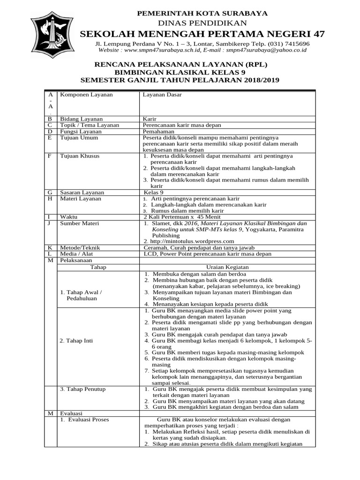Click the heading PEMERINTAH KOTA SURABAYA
click(202, 14)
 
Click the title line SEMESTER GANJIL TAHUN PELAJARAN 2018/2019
click(180, 80)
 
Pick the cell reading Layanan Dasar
click(162, 95)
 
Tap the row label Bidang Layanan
click(81, 119)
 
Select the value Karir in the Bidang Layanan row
click(150, 119)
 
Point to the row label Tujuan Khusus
click(80, 156)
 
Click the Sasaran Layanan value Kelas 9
click(154, 192)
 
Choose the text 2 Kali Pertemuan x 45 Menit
click(182, 217)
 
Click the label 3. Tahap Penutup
click(82, 389)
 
